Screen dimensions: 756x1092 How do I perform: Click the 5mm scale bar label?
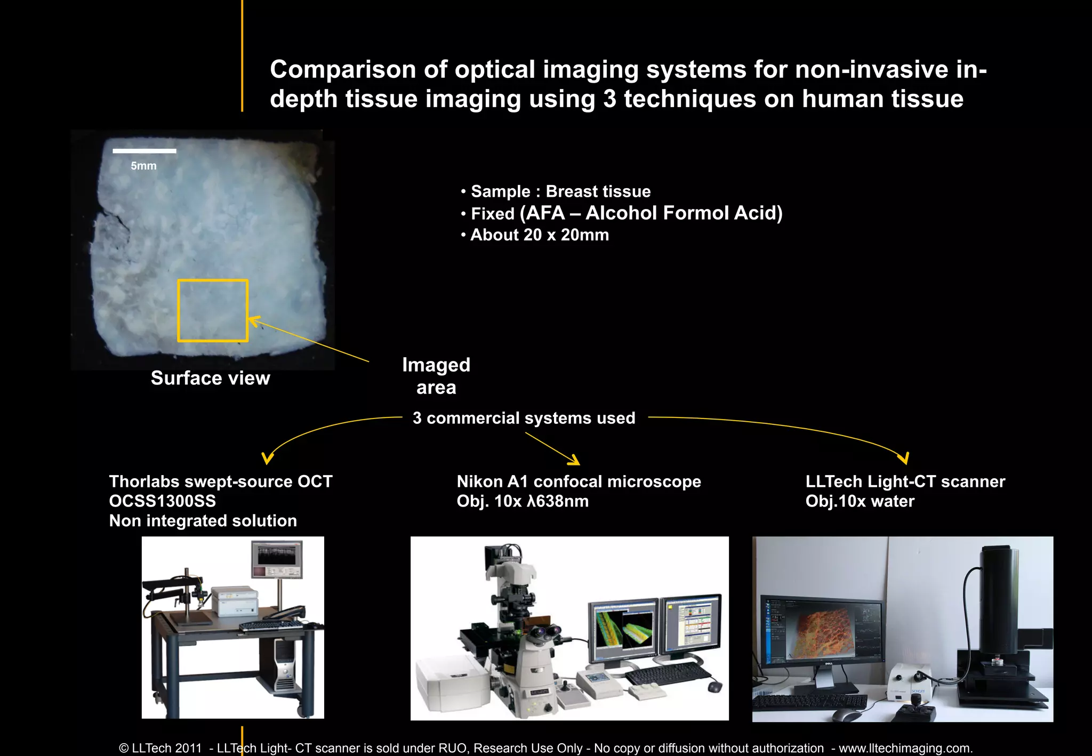click(143, 166)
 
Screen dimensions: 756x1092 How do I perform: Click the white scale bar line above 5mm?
click(144, 151)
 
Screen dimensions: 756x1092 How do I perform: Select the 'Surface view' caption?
click(210, 378)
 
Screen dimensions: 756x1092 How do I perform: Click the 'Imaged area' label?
click(436, 376)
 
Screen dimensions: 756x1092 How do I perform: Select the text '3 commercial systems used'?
click(524, 418)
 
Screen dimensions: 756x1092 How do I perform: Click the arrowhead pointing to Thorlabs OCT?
click(267, 459)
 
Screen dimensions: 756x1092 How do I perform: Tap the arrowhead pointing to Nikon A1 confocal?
click(574, 460)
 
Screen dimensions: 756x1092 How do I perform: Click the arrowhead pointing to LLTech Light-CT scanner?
click(903, 458)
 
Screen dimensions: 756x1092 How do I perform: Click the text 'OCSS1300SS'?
click(163, 501)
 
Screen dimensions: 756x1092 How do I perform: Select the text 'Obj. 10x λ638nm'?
click(523, 501)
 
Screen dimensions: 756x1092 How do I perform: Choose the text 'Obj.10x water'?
click(860, 501)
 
